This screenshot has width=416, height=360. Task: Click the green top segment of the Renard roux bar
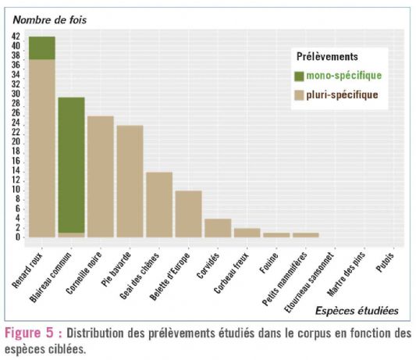tap(41, 48)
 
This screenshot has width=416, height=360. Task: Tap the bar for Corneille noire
tap(100, 176)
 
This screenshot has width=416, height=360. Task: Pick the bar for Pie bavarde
tap(130, 181)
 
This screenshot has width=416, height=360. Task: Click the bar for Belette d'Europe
tap(188, 214)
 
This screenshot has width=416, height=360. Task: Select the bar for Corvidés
tap(217, 228)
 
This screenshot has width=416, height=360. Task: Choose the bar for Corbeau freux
tap(247, 233)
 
